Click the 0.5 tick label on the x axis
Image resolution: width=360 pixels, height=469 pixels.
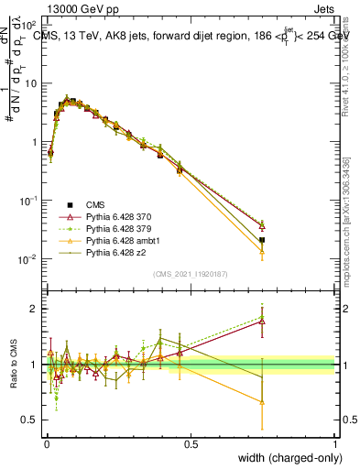click(x=191, y=443)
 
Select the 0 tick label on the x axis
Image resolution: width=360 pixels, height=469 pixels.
click(x=47, y=443)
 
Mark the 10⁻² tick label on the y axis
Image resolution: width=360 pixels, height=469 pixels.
click(x=27, y=259)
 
